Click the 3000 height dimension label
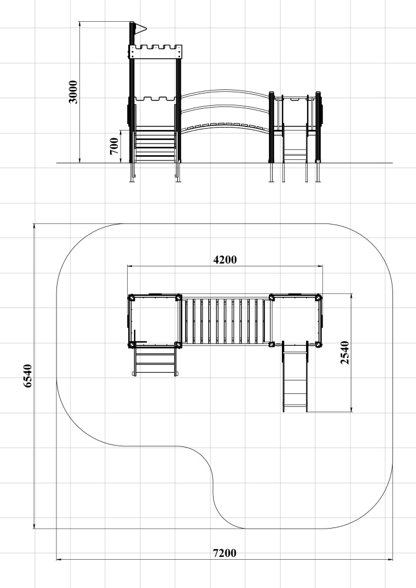(x=73, y=92)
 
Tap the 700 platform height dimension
(x=114, y=146)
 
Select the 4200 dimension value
(x=225, y=259)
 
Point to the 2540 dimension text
(x=345, y=352)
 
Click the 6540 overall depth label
(x=28, y=376)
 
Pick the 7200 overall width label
(x=225, y=553)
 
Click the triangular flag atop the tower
(x=141, y=28)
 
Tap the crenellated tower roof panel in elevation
(x=155, y=52)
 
